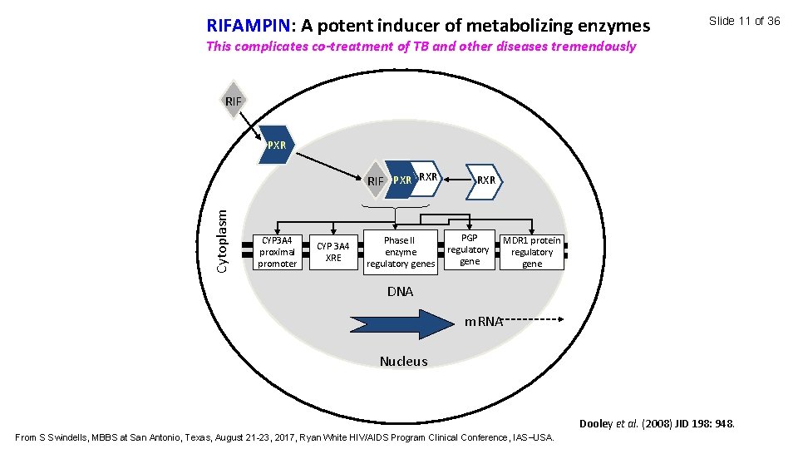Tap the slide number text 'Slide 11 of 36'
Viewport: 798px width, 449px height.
coord(744,21)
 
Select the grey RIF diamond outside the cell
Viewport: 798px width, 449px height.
coord(234,101)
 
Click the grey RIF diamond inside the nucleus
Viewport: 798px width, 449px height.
coord(377,180)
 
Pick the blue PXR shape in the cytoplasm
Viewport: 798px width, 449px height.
coord(276,144)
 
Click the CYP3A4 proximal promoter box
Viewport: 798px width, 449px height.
coord(277,252)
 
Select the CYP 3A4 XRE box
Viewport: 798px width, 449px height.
coord(333,252)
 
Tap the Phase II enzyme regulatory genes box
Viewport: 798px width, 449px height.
coord(400,252)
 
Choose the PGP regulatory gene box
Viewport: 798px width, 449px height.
coord(469,249)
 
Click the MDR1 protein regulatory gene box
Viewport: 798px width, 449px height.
coord(532,252)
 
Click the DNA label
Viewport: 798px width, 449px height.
coord(400,292)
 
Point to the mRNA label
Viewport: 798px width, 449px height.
coord(484,322)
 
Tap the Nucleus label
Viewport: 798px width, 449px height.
coord(403,361)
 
